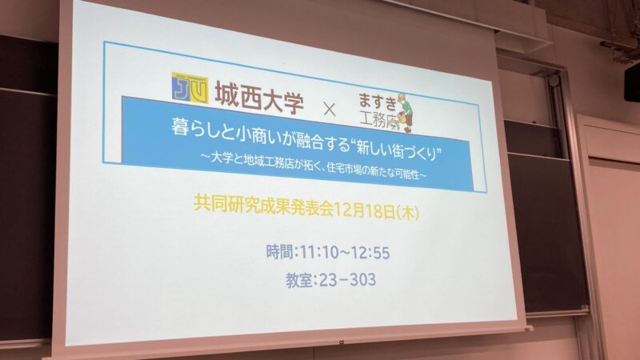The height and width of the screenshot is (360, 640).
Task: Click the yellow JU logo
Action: pos(190,87)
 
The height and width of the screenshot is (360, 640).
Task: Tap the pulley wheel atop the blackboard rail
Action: pos(554,81)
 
